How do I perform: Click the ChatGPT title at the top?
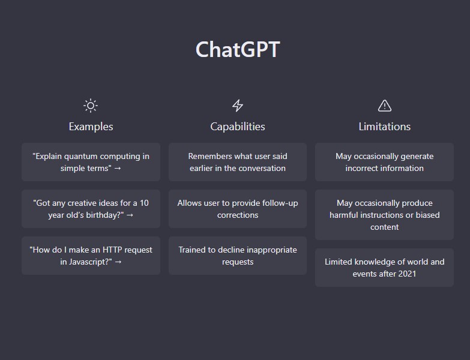(x=238, y=49)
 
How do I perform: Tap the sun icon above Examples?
(x=91, y=106)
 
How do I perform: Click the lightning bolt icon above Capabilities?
(x=238, y=106)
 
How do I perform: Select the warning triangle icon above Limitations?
(x=385, y=106)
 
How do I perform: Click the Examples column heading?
(x=91, y=127)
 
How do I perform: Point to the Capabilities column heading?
(x=238, y=127)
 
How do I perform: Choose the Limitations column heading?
(x=385, y=127)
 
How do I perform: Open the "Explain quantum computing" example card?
(x=91, y=162)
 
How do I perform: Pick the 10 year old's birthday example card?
(x=91, y=209)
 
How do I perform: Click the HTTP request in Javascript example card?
(x=91, y=256)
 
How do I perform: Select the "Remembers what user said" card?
(x=238, y=162)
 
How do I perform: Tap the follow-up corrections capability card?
(x=238, y=209)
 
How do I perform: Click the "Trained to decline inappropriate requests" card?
(x=238, y=256)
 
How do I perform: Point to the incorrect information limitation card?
(x=384, y=162)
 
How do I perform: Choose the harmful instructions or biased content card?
(x=384, y=215)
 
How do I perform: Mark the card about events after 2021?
(x=384, y=268)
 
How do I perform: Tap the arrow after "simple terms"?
(x=118, y=169)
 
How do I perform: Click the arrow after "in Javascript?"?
(x=118, y=262)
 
